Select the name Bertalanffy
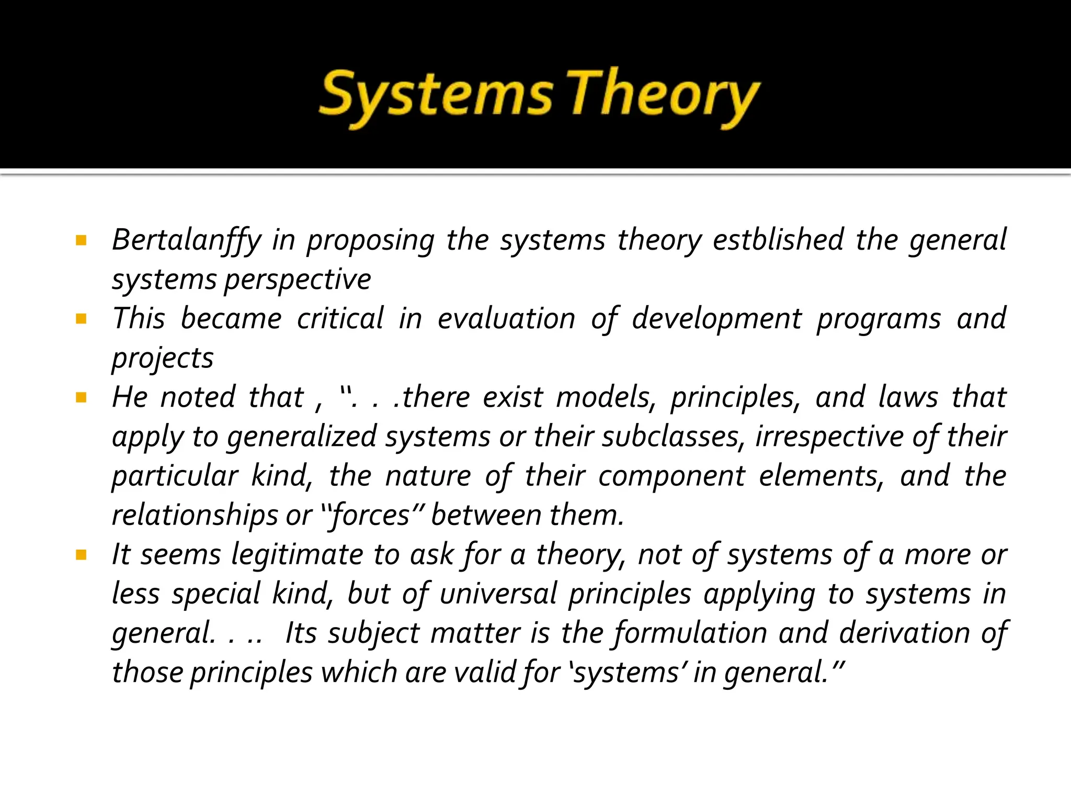pos(187,240)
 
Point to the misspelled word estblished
pos(778,240)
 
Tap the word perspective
pos(298,280)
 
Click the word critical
pos(340,319)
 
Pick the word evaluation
pos(506,319)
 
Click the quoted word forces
pos(371,515)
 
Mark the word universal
pos(498,594)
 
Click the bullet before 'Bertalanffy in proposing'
pos(81,241)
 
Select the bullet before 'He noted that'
pos(81,398)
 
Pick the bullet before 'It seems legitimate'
pos(81,555)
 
